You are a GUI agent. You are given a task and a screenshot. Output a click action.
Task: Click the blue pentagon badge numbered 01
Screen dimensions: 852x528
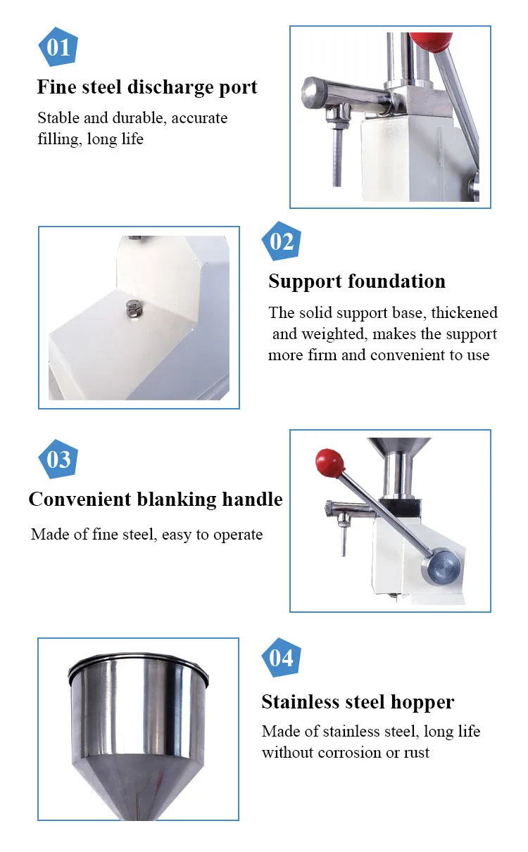click(x=58, y=46)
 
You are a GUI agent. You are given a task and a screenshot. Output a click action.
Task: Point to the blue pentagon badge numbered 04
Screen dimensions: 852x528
click(x=282, y=657)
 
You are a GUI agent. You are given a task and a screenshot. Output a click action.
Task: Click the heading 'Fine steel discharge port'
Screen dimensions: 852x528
click(x=147, y=87)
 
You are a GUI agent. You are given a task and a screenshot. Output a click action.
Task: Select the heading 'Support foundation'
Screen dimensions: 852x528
click(x=357, y=281)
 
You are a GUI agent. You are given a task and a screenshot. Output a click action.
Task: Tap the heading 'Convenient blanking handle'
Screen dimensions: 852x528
click(x=156, y=500)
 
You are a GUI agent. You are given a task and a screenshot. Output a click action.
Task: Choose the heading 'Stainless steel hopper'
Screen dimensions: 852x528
click(x=358, y=701)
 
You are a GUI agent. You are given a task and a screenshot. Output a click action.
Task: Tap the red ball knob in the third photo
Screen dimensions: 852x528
click(x=329, y=462)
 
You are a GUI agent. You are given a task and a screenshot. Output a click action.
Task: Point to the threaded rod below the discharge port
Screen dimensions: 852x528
click(x=337, y=158)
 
